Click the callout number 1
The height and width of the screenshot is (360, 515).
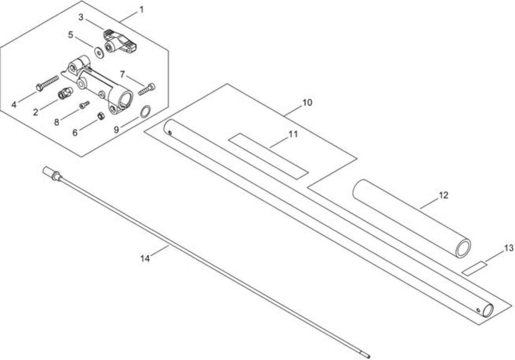pyautogui.click(x=142, y=10)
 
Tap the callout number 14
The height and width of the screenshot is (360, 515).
pyautogui.click(x=145, y=259)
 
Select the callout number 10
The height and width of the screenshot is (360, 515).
pyautogui.click(x=307, y=103)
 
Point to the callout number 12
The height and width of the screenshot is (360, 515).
pyautogui.click(x=443, y=195)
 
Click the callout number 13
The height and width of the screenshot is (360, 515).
pyautogui.click(x=509, y=248)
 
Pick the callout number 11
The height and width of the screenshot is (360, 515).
pyautogui.click(x=293, y=134)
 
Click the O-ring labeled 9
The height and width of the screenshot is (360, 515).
pyautogui.click(x=145, y=112)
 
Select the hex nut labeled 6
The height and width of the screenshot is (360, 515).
pyautogui.click(x=101, y=116)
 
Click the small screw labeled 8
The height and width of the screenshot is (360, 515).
pyautogui.click(x=84, y=105)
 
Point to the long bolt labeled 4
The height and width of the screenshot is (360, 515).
pyautogui.click(x=47, y=83)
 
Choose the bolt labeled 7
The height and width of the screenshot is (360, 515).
pyautogui.click(x=147, y=89)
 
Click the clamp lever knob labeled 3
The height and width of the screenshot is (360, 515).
pyautogui.click(x=119, y=41)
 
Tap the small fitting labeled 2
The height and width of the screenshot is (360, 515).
pyautogui.click(x=65, y=93)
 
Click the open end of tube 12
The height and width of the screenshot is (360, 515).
pyautogui.click(x=463, y=248)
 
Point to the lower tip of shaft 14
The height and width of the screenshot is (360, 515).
pyautogui.click(x=369, y=357)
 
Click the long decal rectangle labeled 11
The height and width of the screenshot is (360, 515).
pyautogui.click(x=268, y=156)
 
